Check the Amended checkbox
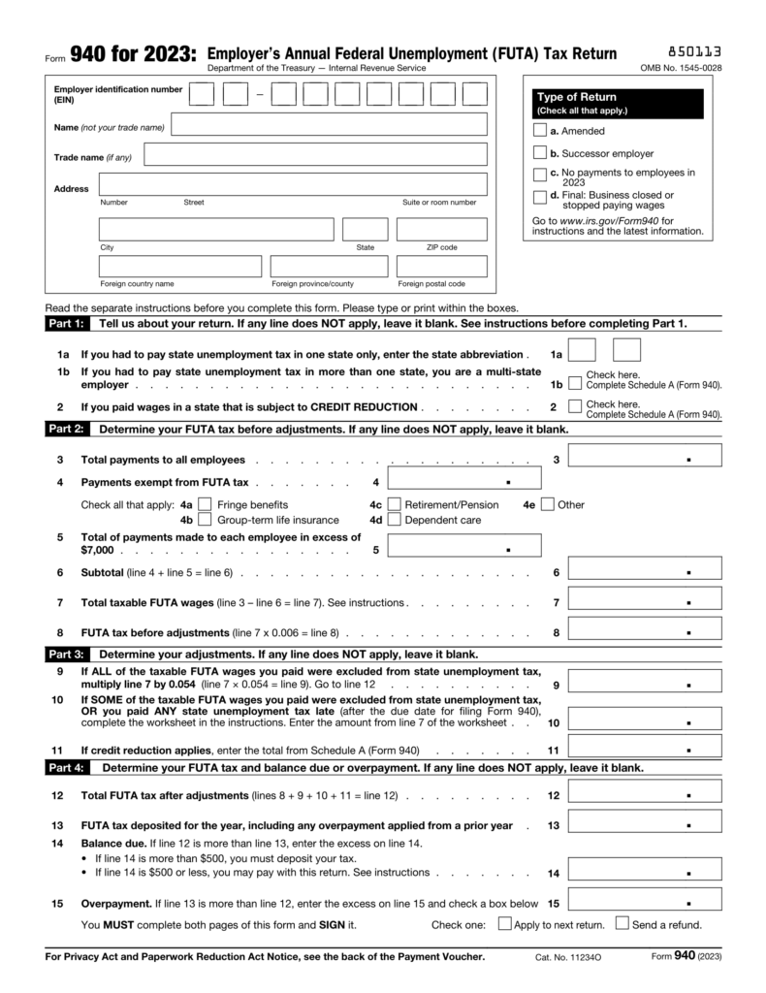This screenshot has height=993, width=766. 540,131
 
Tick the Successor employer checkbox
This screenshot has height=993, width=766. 540,153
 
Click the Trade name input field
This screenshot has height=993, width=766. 315,155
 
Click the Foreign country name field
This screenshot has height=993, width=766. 180,266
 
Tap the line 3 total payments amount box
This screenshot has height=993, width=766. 644,456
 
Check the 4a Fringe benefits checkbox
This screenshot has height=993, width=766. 205,504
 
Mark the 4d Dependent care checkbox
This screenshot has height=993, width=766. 394,520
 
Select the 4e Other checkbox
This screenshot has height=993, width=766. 548,504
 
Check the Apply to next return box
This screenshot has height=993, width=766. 504,924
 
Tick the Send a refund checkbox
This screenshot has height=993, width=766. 622,924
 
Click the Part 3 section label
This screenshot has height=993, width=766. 66,654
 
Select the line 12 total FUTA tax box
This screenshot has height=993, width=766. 644,795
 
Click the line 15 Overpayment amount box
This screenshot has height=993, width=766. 644,902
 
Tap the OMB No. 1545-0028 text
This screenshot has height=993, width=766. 681,69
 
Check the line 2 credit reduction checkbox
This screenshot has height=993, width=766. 576,406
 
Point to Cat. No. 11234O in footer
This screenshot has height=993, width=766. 568,958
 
